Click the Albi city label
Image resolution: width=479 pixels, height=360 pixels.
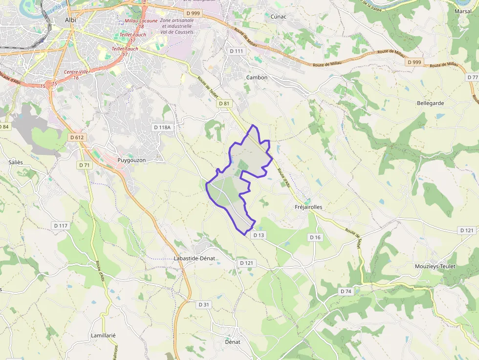[70, 20]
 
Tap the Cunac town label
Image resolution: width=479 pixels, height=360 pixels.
[278, 16]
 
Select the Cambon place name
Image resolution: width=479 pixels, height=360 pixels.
[257, 77]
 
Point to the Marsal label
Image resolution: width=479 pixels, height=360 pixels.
[463, 11]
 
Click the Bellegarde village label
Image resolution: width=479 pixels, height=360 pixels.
[431, 103]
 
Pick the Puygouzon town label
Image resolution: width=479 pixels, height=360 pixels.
[132, 160]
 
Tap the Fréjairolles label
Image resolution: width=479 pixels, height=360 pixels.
[308, 207]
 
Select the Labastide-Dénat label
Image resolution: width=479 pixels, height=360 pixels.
[195, 258]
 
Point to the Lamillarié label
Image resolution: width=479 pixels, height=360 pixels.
[103, 336]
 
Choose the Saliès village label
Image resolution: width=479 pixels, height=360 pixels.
[16, 162]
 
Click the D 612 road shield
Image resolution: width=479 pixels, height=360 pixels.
[77, 137]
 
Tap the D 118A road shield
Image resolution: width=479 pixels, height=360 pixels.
[163, 127]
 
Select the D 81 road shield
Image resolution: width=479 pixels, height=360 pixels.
[224, 104]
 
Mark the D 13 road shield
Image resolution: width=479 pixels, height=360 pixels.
[259, 235]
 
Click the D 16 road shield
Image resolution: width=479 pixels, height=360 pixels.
[315, 237]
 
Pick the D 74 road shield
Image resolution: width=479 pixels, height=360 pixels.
[346, 291]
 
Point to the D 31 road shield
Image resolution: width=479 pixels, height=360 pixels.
[204, 304]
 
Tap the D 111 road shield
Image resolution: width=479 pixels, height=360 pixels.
[236, 51]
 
